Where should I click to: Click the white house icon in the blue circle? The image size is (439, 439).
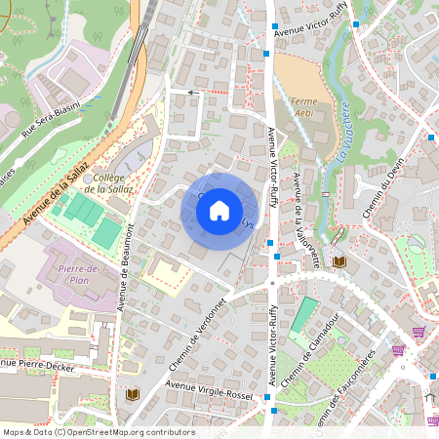[x=219, y=210]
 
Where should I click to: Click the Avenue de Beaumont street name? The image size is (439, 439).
[x=125, y=266]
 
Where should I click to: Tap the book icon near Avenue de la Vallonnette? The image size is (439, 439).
[x=339, y=261]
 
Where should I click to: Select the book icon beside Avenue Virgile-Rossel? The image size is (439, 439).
[x=133, y=394]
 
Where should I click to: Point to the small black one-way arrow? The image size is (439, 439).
[x=191, y=93]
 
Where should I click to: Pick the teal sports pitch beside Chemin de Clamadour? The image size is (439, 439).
[x=304, y=314]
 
